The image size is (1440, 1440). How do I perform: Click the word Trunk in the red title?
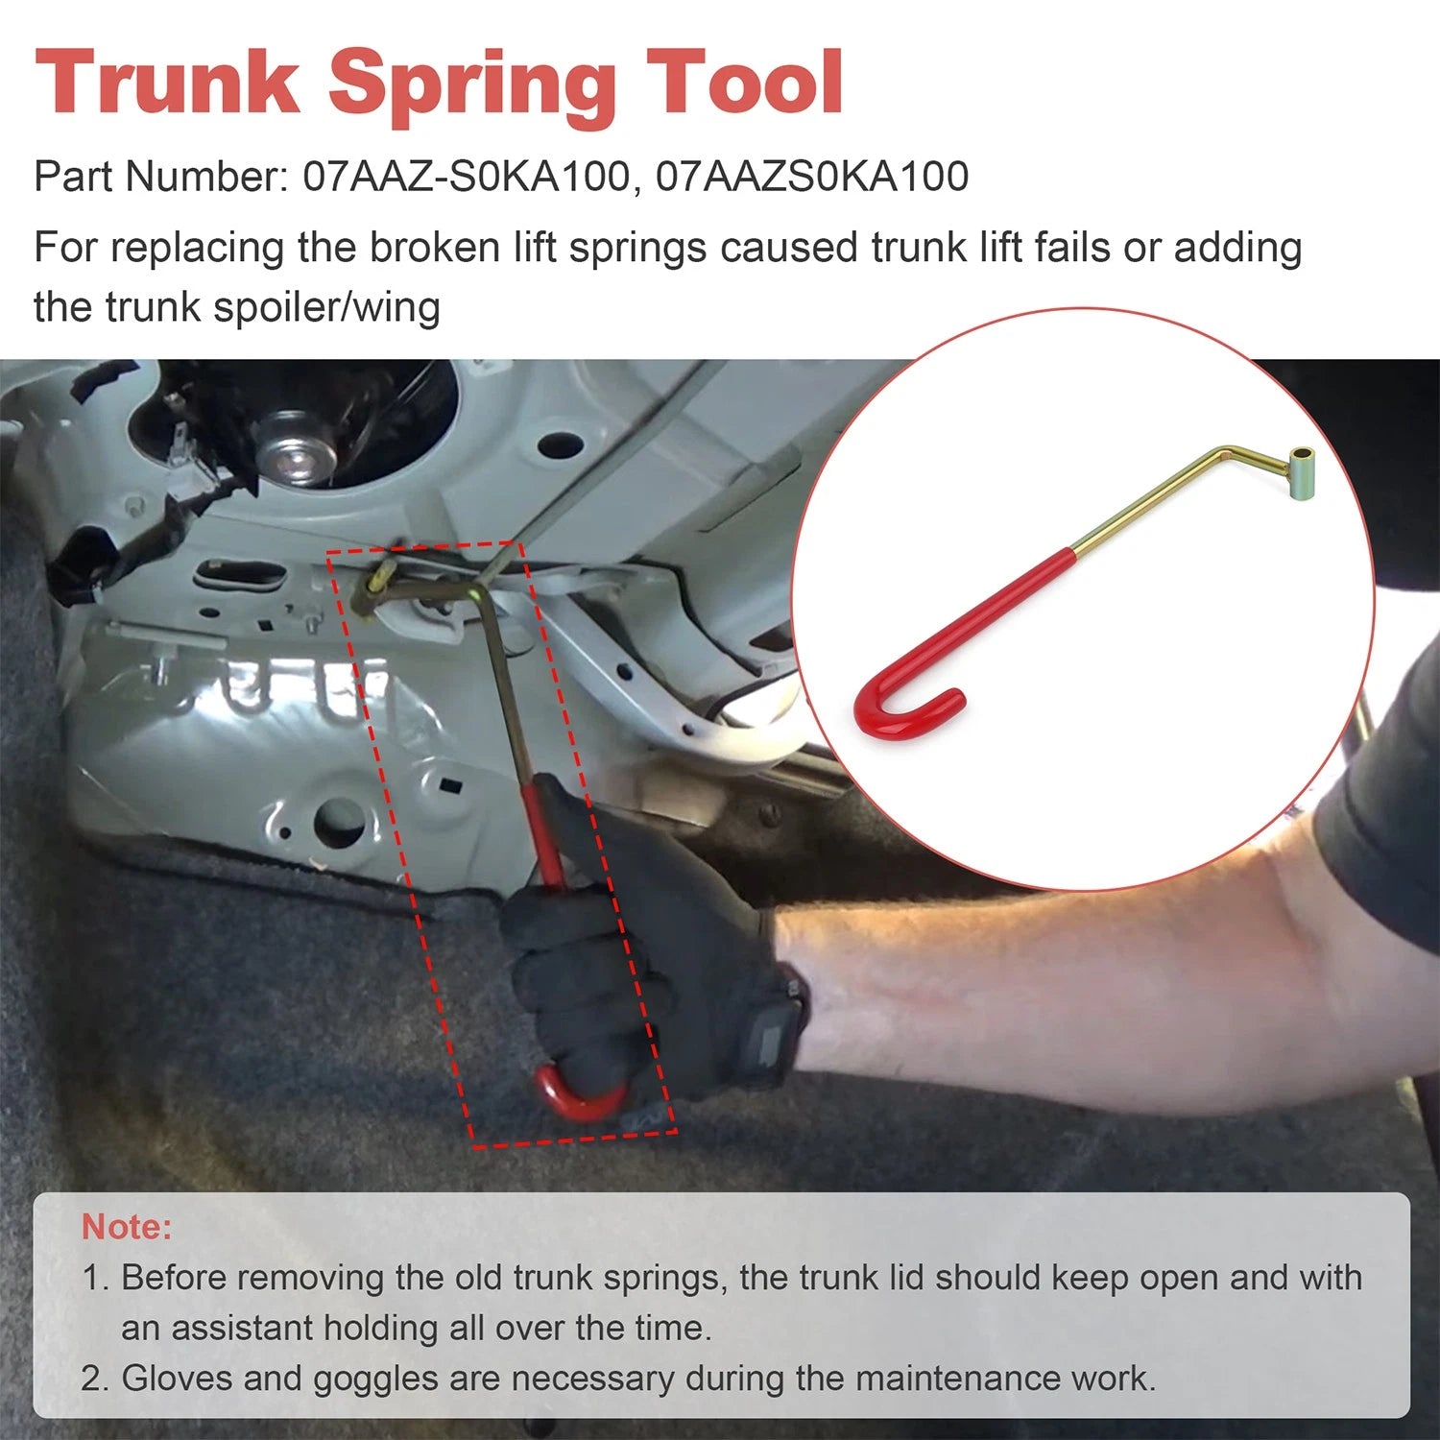pyautogui.click(x=167, y=83)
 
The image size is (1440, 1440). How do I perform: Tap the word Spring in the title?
pyautogui.click(x=472, y=86)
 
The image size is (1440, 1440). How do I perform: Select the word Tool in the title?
pyautogui.click(x=744, y=83)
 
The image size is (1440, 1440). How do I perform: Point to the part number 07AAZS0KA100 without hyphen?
pyautogui.click(x=812, y=177)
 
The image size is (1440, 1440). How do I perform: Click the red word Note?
pyautogui.click(x=127, y=1226)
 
